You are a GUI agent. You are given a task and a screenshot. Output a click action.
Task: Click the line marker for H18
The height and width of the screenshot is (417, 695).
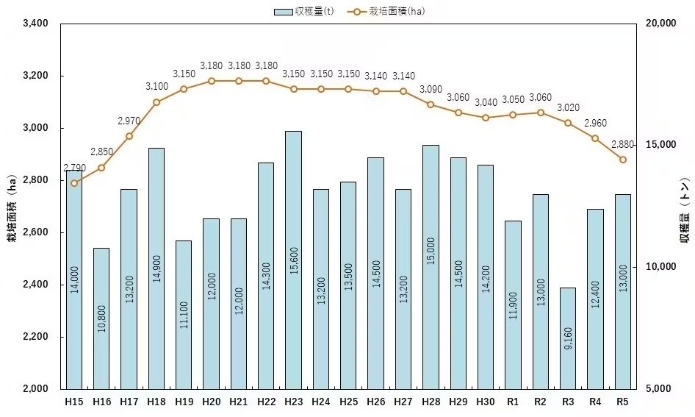coord(156,102)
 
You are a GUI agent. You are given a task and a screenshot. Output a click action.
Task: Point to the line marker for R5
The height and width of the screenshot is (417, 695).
coord(623,160)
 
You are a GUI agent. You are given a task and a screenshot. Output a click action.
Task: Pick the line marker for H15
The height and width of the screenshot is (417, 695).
coord(74,183)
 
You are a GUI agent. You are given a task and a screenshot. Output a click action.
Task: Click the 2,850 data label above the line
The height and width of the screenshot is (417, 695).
coord(101,152)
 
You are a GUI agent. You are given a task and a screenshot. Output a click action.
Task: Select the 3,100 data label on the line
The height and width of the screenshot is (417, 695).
coord(156,87)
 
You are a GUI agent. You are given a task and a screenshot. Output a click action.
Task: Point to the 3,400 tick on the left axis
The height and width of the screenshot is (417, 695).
coord(36,24)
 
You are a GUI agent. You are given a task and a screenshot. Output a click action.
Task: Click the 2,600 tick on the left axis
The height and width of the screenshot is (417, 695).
coord(36,232)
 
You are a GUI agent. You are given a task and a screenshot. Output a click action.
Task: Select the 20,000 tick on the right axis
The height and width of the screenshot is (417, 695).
coord(659,24)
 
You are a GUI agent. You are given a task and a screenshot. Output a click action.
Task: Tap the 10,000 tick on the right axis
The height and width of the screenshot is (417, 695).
coord(659,267)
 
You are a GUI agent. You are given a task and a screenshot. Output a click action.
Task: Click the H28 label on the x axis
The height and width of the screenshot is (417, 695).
coord(431,402)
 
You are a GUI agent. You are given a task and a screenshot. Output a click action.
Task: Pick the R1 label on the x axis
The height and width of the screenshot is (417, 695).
coord(513,402)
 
